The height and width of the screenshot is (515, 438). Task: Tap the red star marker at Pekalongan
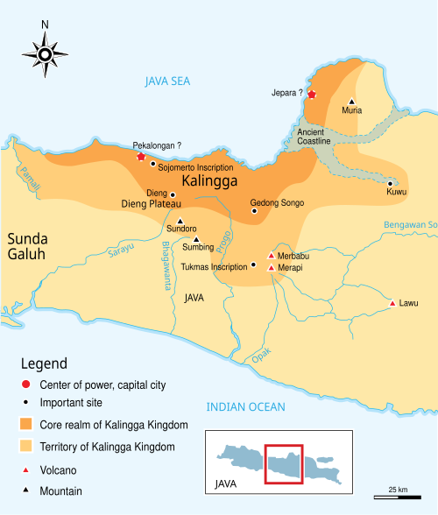[x=141, y=156]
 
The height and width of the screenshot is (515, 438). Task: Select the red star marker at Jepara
[x=312, y=94]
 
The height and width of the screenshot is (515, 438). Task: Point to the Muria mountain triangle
[x=352, y=101]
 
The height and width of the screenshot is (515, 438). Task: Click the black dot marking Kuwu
[x=390, y=183]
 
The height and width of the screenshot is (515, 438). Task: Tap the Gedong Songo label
[x=277, y=202]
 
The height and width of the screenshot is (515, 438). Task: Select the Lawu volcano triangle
[x=392, y=304]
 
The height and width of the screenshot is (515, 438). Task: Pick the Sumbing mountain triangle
[x=196, y=239]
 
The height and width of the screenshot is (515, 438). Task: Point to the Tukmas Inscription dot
[x=254, y=265]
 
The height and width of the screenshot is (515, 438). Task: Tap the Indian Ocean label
[x=245, y=406]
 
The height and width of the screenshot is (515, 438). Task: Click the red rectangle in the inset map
[x=284, y=463]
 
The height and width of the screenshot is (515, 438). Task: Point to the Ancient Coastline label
[x=314, y=135]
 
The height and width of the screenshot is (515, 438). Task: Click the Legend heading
[x=44, y=363]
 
